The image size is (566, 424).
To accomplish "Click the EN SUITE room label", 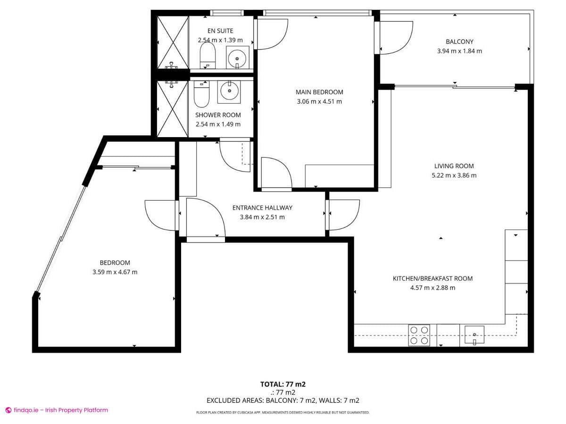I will pyautogui.click(x=220, y=31).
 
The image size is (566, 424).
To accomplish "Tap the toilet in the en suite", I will pyautogui.click(x=208, y=56).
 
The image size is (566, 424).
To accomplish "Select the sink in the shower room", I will pyautogui.click(x=229, y=91).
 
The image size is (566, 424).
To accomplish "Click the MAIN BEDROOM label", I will pyautogui.click(x=319, y=92).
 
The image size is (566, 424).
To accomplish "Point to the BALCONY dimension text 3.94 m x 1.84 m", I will pyautogui.click(x=459, y=51).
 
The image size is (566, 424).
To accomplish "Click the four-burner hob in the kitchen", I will pyautogui.click(x=419, y=335).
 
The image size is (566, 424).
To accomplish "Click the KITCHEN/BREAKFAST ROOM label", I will pyautogui.click(x=433, y=278).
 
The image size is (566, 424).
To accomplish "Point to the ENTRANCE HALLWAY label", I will pyautogui.click(x=262, y=208).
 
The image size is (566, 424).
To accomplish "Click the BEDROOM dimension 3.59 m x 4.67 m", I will pyautogui.click(x=115, y=272).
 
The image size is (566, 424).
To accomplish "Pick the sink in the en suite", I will pyautogui.click(x=237, y=57).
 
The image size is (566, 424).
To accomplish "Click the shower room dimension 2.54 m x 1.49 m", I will pyautogui.click(x=218, y=124).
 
